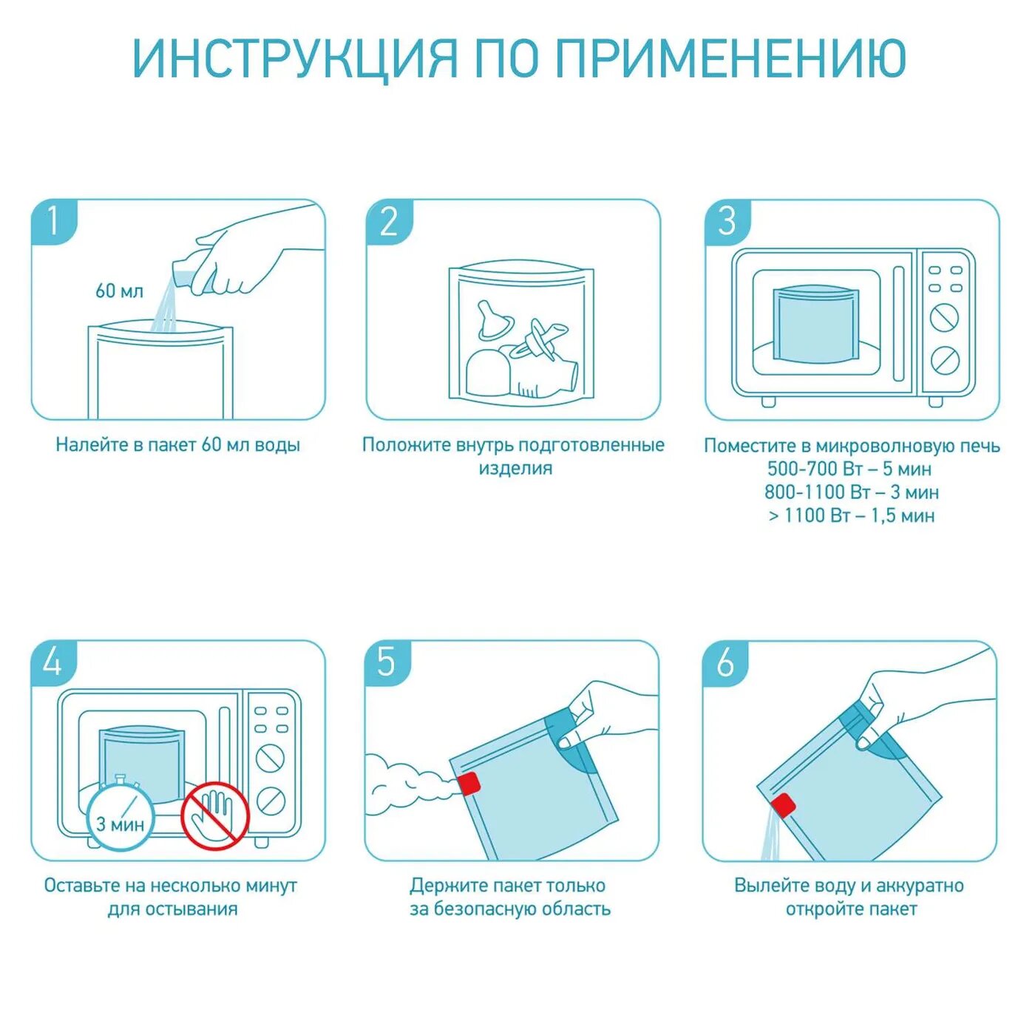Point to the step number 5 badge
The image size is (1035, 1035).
click(x=388, y=663)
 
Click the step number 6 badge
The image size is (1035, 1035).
click(x=725, y=663)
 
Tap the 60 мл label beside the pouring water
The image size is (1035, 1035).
click(x=119, y=291)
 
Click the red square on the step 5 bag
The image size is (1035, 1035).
click(x=469, y=784)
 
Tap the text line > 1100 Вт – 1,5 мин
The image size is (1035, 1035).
click(x=852, y=515)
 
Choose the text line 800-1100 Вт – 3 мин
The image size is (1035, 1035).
click(x=852, y=492)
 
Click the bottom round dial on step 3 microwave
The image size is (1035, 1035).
click(x=945, y=360)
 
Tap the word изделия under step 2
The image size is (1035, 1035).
click(x=515, y=469)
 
